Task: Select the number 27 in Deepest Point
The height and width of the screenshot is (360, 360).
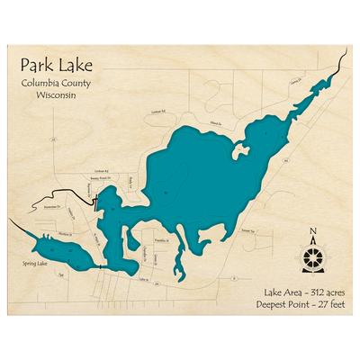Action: tap(306, 305)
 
